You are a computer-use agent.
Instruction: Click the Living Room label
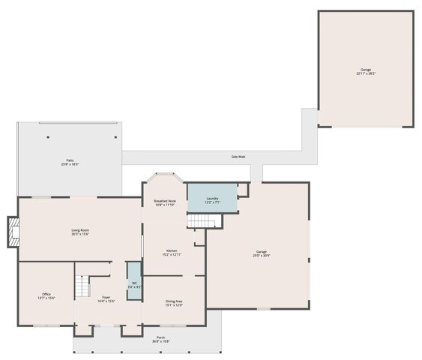(x=80, y=230)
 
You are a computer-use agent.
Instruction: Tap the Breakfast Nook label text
(x=165, y=201)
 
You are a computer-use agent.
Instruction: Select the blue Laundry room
(x=211, y=199)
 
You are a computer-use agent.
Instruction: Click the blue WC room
(x=134, y=280)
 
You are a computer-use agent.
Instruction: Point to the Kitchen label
(x=172, y=250)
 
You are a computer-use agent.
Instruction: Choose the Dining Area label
(x=174, y=301)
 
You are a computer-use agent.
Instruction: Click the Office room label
(x=46, y=294)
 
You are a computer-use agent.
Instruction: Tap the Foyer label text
(x=106, y=297)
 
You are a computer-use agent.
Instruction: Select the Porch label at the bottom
(x=160, y=337)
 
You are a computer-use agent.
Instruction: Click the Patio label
(x=69, y=160)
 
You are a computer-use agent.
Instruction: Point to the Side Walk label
(x=238, y=157)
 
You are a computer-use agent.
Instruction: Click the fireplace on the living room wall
(x=13, y=232)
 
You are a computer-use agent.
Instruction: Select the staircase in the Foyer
(x=82, y=286)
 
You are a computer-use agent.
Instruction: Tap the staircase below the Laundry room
(x=201, y=220)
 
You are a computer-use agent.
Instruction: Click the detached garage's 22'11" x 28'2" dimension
(x=365, y=73)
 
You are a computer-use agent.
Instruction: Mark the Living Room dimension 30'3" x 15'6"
(x=80, y=235)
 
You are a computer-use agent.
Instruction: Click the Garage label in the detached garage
(x=365, y=70)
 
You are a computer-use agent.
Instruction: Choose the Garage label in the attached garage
(x=261, y=252)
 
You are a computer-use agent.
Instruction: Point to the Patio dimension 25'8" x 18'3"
(x=69, y=164)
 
